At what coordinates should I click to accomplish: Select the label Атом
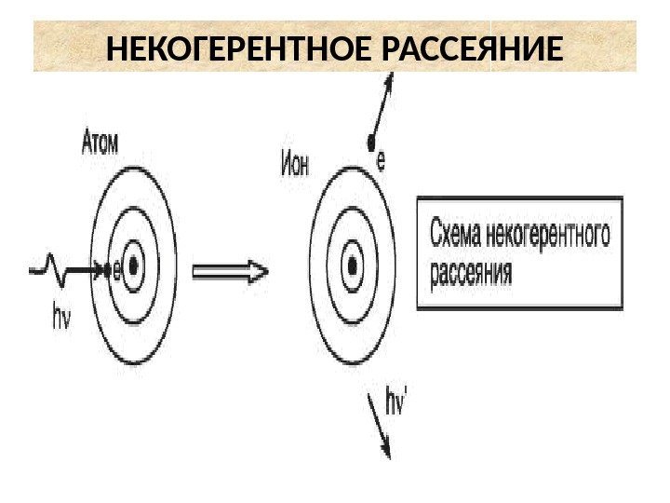[x=105, y=143]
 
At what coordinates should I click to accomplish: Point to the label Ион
[x=294, y=166]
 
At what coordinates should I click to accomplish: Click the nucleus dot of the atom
[x=135, y=267]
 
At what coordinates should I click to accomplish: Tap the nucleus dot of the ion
[x=354, y=266]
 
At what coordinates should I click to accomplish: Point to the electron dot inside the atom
[x=105, y=271]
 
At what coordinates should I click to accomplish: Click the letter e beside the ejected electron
[x=381, y=162]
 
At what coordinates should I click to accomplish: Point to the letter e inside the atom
[x=115, y=271]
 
